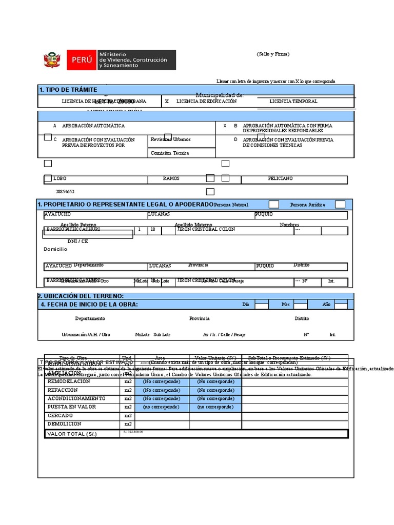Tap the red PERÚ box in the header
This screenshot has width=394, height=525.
pos(81,60)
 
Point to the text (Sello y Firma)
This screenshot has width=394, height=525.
pos(273,54)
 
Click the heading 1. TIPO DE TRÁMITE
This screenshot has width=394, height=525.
pos(68,90)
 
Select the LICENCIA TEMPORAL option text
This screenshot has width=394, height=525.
pos(293,102)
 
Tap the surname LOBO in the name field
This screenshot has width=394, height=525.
pos(60,179)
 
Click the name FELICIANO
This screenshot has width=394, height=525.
pos(280,178)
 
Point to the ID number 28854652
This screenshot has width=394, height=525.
pos(65,192)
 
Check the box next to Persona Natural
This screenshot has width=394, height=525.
pos(274,205)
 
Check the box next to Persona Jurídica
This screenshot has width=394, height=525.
pos(340,205)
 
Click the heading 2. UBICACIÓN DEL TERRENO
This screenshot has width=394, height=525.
pos(81,296)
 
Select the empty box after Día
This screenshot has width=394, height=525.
pos(262,305)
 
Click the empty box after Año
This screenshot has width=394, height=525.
pos(341,305)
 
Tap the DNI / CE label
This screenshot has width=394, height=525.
pos(78,241)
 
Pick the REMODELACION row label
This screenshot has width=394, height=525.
pos(69,381)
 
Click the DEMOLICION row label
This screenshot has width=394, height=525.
pos(65,424)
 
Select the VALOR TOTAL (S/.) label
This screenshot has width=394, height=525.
pos(72,434)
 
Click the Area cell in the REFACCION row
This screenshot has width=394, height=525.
pos(162,390)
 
